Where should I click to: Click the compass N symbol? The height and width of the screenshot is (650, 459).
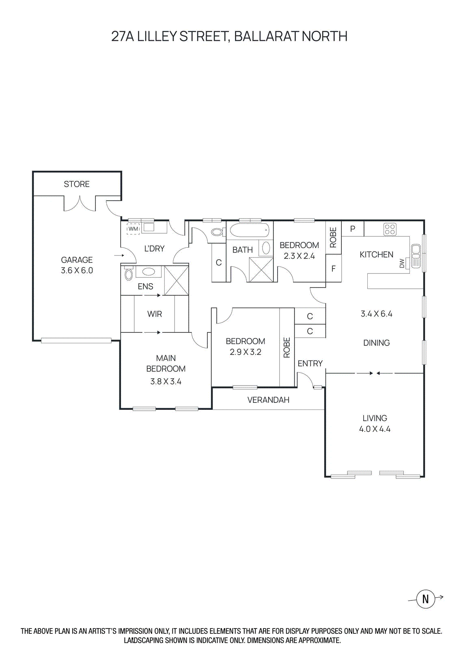click(425, 598)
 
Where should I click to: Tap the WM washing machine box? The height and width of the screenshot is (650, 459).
click(133, 229)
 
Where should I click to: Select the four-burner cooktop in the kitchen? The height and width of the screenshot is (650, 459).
click(390, 229)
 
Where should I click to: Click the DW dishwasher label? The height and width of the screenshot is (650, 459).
click(402, 263)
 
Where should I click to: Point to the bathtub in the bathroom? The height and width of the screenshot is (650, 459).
click(249, 231)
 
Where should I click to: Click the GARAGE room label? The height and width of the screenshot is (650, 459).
click(77, 260)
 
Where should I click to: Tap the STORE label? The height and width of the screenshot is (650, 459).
click(77, 184)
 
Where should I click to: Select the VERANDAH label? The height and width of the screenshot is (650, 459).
click(268, 400)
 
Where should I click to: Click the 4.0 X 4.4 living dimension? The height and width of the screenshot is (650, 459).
click(375, 429)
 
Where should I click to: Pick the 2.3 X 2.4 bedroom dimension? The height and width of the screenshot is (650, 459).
click(299, 256)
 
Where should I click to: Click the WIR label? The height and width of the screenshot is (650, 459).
click(155, 314)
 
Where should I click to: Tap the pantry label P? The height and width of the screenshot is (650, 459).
click(352, 229)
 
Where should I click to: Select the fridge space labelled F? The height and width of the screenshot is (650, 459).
click(333, 269)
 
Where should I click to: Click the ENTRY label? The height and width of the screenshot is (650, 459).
click(310, 364)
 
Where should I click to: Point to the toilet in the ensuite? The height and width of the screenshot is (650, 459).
click(128, 274)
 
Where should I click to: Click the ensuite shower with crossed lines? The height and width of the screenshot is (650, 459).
click(176, 280)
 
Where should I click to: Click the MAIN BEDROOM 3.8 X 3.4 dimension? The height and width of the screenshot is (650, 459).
click(166, 381)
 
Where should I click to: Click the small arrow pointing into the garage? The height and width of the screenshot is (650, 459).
click(119, 256)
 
